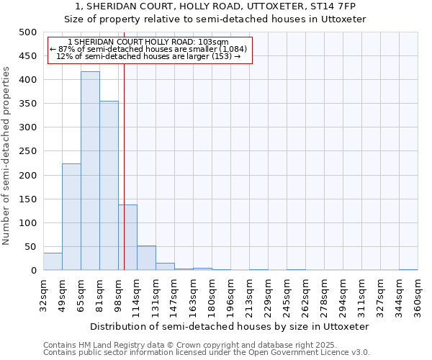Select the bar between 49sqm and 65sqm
(71, 217)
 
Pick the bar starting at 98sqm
(127, 238)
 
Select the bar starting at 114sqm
(146, 258)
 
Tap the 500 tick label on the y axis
(28, 32)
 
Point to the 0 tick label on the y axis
(34, 271)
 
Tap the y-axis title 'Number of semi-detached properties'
(6, 156)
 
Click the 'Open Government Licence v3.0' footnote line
(207, 352)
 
